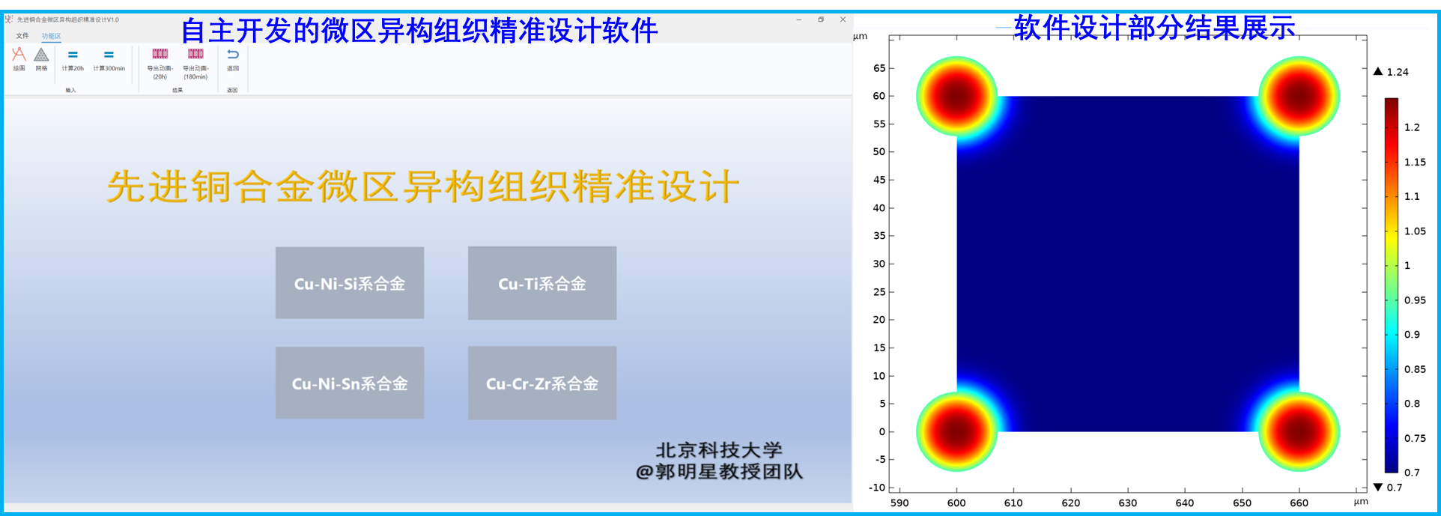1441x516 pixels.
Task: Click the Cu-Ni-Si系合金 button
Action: (x=349, y=283)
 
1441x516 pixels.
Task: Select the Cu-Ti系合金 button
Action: (x=542, y=283)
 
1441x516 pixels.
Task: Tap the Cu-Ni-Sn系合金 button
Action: (x=349, y=383)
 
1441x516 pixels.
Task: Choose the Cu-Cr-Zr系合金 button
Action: (x=542, y=383)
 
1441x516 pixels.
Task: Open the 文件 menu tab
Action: (x=22, y=35)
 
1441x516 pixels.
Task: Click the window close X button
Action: (x=843, y=19)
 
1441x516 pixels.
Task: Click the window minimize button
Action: (x=799, y=19)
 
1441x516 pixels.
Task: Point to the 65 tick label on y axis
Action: (x=879, y=68)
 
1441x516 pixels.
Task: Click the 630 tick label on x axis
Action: (x=1127, y=503)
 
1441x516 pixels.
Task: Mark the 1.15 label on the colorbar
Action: (x=1415, y=162)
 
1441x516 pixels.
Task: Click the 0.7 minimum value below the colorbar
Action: (x=1394, y=488)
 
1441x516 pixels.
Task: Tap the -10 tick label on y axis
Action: (x=877, y=488)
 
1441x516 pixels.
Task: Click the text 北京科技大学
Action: (x=719, y=450)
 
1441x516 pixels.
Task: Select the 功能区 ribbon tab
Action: (x=51, y=36)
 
